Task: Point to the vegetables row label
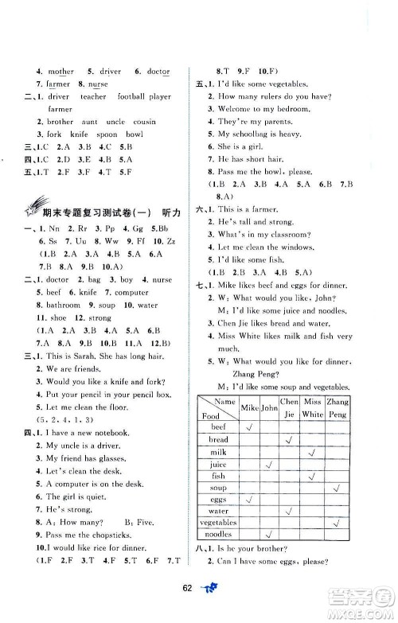(x=217, y=523)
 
